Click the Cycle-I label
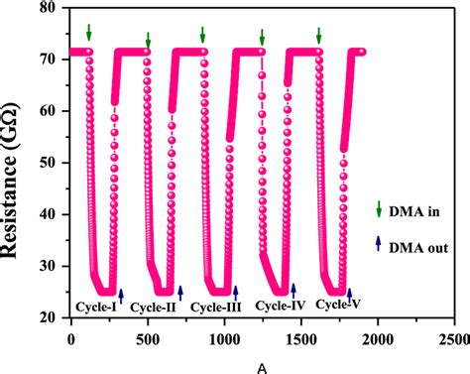tap(96, 307)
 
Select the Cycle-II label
tap(154, 307)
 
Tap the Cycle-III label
tap(215, 307)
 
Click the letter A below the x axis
tap(262, 365)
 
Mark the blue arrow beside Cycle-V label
tap(349, 295)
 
